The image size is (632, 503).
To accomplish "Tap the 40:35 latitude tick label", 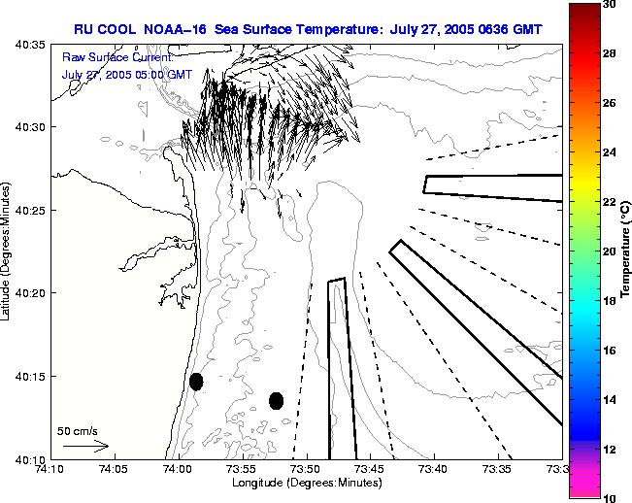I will pos(31,45).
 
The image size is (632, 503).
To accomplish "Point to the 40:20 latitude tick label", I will pos(31,293).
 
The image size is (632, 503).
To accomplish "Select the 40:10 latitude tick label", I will pos(31,458).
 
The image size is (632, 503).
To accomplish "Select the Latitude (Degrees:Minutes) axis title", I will pos(9,251).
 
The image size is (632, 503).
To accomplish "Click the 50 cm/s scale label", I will pos(78,430).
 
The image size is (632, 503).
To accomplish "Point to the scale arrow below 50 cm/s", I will pos(85,446).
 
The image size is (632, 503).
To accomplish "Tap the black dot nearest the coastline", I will pos(196,382).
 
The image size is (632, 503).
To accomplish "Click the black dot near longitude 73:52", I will pos(276,400).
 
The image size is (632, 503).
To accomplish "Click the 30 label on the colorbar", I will pos(607,5).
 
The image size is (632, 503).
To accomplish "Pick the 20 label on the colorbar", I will pos(607,251).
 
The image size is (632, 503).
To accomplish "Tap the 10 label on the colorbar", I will pos(607,496).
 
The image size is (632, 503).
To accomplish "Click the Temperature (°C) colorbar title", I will pos(627,251).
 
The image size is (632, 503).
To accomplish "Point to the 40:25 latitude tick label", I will pos(31,211).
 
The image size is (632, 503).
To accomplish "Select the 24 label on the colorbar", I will pos(607,152).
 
